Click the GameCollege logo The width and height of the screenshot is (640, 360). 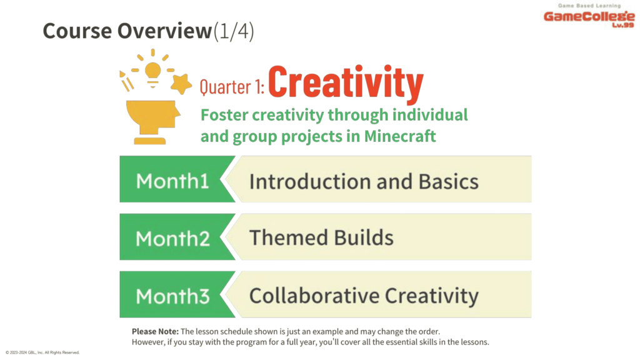pos(589,16)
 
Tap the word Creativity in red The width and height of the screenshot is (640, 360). pos(345,83)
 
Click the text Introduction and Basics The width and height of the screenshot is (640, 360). pos(364,181)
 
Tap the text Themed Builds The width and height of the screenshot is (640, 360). pos(321,237)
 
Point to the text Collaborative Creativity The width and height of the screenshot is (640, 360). pos(364,296)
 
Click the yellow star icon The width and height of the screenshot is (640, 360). pos(181,84)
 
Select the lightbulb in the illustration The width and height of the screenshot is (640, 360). pos(153,74)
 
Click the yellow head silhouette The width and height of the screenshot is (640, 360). pos(153,122)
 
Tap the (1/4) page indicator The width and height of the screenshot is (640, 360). pos(234,31)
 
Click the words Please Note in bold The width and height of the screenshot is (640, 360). pos(155,331)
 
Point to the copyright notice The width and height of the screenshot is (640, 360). pos(42,352)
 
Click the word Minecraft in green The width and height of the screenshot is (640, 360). pos(400,136)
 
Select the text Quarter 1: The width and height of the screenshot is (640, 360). pos(232,87)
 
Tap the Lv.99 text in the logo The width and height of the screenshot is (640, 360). pos(623,25)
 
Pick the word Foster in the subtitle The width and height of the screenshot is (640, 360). pos(224,115)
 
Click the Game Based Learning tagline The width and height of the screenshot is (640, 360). pos(589,6)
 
